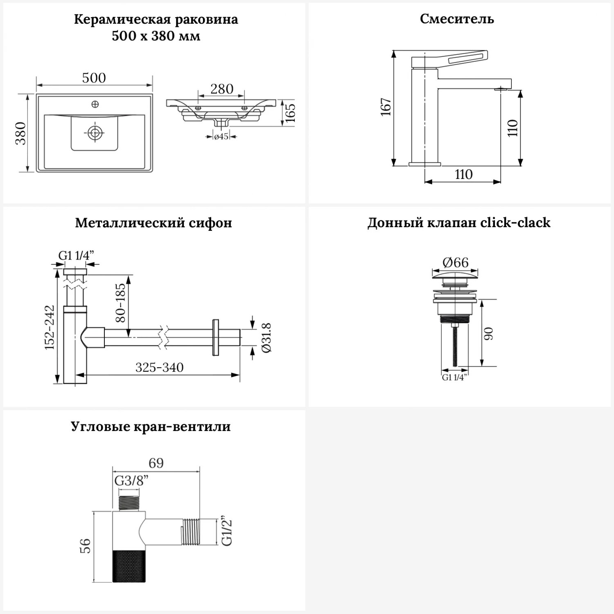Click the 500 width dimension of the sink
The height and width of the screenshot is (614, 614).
pyautogui.click(x=94, y=78)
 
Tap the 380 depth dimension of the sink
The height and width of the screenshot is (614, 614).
pyautogui.click(x=21, y=133)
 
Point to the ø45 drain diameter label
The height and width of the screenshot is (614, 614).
pyautogui.click(x=221, y=137)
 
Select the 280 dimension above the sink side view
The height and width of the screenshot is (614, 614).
pyautogui.click(x=222, y=89)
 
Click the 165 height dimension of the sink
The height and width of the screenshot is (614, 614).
pyautogui.click(x=290, y=112)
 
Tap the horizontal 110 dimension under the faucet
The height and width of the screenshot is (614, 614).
pyautogui.click(x=463, y=174)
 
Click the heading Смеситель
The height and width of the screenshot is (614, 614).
pyautogui.click(x=457, y=19)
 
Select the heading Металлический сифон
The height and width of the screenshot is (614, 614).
pyautogui.click(x=153, y=223)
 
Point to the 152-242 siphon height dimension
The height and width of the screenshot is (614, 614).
pyautogui.click(x=50, y=327)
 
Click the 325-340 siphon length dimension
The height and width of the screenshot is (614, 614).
pyautogui.click(x=159, y=367)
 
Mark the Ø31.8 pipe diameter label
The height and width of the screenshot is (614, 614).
pyautogui.click(x=266, y=338)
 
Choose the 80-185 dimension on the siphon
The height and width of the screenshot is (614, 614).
pyautogui.click(x=121, y=303)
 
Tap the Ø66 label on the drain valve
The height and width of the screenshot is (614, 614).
pyautogui.click(x=455, y=262)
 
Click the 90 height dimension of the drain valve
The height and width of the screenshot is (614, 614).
pyautogui.click(x=488, y=334)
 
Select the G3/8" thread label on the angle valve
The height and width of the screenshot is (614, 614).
pyautogui.click(x=131, y=481)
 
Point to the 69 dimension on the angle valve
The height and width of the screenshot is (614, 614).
pyautogui.click(x=156, y=463)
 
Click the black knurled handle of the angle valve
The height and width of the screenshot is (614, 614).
pyautogui.click(x=129, y=566)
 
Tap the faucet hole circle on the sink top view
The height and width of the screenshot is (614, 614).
pyautogui.click(x=95, y=104)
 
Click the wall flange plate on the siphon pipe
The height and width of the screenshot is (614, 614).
pyautogui.click(x=216, y=338)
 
